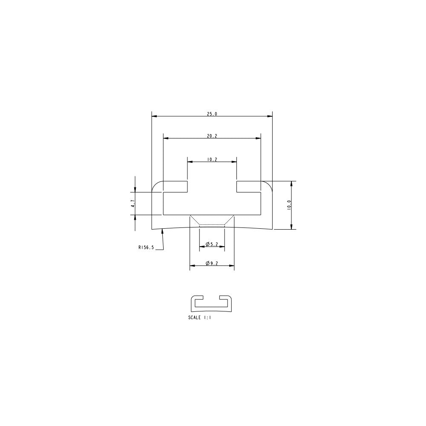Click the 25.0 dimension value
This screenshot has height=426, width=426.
[x=212, y=114]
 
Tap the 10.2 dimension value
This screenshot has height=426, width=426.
[x=212, y=160]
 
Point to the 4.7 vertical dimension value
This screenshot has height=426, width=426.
[x=133, y=204]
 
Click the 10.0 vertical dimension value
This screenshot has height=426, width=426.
[x=289, y=205]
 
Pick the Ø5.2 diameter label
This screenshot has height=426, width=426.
[x=212, y=244]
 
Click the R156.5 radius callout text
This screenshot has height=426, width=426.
[x=146, y=247]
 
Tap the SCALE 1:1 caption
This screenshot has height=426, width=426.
[x=199, y=317]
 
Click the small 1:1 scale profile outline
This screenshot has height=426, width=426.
[x=211, y=303]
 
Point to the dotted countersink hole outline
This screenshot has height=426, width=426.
[x=212, y=220]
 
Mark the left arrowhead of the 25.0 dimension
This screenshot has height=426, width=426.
[x=154, y=116]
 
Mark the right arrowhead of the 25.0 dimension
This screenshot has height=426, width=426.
[x=270, y=116]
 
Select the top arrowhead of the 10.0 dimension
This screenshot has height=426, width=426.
[x=291, y=184]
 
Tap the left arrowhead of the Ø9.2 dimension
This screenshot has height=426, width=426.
[x=192, y=266]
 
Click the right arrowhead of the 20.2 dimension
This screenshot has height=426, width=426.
[x=259, y=138]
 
